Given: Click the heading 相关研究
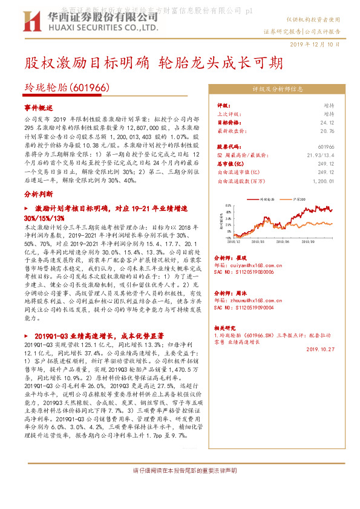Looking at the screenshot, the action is [x=226, y=326].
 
